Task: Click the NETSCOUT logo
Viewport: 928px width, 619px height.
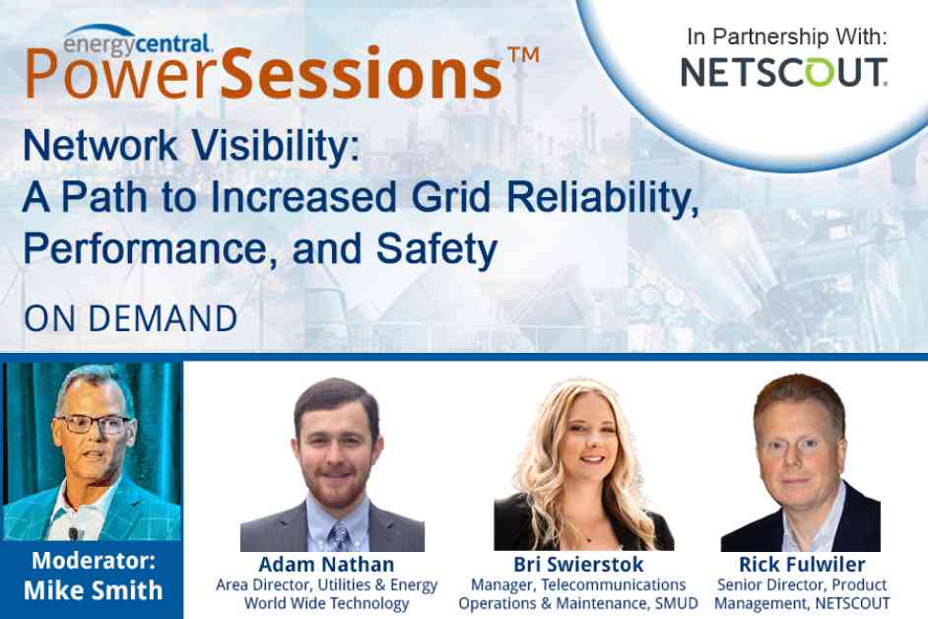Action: tap(783, 72)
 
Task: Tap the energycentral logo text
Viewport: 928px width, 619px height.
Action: tap(137, 43)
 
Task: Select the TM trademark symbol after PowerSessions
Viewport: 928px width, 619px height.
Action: tap(524, 55)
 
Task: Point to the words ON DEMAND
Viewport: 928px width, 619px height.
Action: tap(131, 318)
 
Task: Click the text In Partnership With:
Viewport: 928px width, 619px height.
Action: tap(787, 36)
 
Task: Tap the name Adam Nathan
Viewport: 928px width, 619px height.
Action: tap(326, 564)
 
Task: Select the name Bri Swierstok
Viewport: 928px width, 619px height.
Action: tap(578, 564)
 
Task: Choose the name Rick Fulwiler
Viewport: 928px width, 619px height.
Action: tap(802, 564)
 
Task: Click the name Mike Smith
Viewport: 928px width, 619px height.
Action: tap(93, 590)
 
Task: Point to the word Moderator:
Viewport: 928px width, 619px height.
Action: tap(94, 561)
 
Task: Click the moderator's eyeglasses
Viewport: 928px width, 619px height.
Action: tap(95, 424)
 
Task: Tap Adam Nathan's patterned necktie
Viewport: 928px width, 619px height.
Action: tap(340, 536)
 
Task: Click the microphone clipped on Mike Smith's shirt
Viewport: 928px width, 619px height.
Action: tap(73, 533)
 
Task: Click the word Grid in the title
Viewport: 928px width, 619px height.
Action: tap(451, 197)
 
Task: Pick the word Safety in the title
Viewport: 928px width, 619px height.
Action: tap(436, 250)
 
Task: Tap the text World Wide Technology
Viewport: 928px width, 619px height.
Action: tap(327, 603)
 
